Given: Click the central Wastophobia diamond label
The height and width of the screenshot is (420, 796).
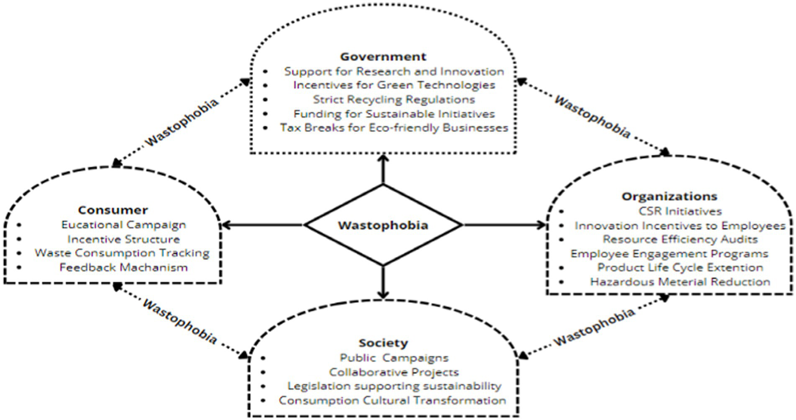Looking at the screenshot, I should click(x=383, y=225).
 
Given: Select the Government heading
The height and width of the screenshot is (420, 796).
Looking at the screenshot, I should click(x=383, y=57).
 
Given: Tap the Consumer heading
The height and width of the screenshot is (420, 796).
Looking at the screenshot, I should click(x=113, y=210).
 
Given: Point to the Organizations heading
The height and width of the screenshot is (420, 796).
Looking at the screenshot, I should click(x=669, y=197).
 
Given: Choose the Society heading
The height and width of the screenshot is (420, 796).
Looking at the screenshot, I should click(x=383, y=343).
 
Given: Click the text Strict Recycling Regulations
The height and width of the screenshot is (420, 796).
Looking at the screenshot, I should click(x=394, y=99).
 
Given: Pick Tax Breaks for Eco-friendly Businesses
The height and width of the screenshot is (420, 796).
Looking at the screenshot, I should click(x=394, y=127).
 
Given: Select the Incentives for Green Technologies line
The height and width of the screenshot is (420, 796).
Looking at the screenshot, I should click(x=394, y=85).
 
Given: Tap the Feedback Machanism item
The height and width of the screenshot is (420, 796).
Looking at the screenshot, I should click(x=123, y=267).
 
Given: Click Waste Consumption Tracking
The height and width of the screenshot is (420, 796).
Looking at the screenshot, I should click(x=122, y=253).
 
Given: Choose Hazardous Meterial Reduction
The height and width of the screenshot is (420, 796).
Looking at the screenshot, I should click(x=680, y=282).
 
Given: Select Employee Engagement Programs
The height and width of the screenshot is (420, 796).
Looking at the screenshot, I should click(x=669, y=254).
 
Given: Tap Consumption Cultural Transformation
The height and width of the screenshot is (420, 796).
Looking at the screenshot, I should click(x=392, y=400).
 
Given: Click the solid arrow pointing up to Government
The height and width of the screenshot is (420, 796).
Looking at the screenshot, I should click(x=383, y=169).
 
